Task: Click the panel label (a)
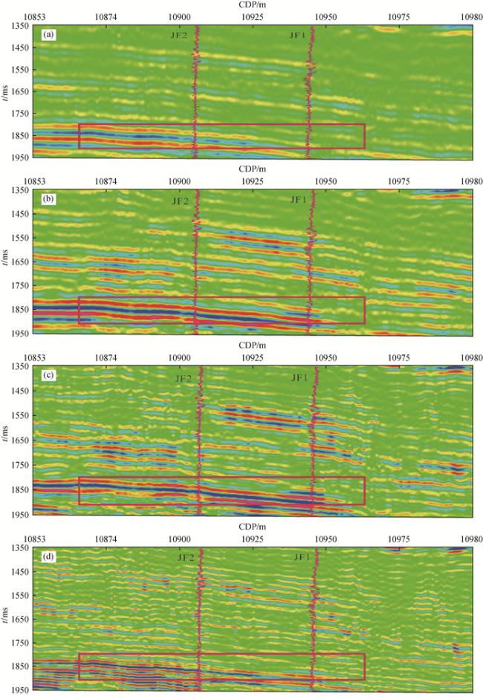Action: point(47,34)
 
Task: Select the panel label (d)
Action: point(47,557)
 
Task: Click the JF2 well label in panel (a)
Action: point(178,35)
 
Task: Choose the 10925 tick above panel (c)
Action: point(253,357)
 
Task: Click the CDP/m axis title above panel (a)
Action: point(253,4)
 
